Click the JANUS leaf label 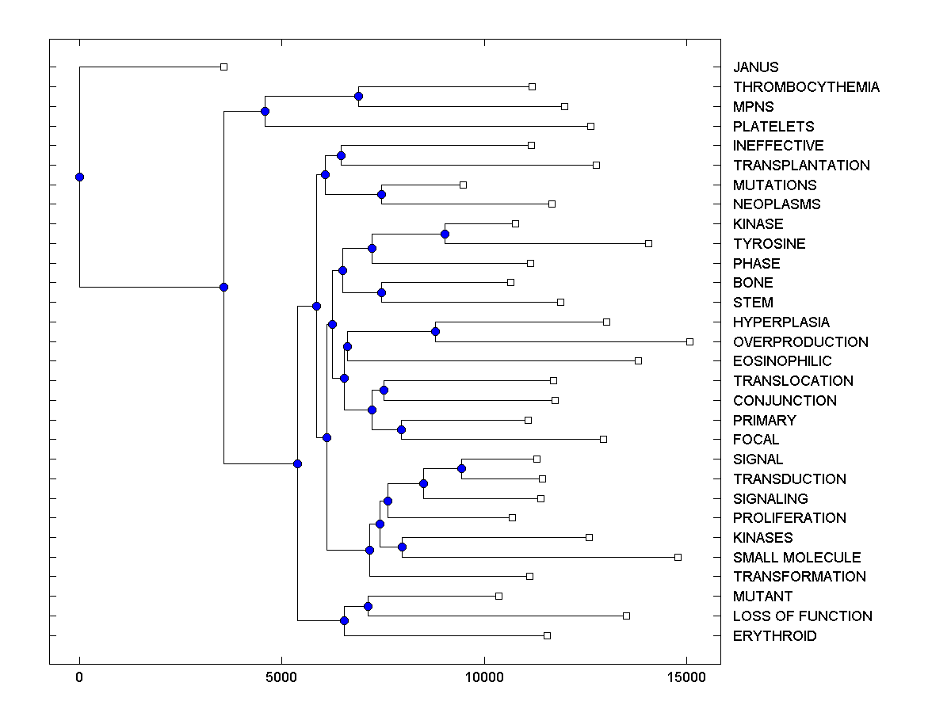(755, 67)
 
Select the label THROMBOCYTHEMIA (806, 87)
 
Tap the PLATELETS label (773, 126)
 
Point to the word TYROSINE (769, 244)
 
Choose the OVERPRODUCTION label (800, 342)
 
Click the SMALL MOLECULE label (796, 558)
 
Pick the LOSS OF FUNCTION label (802, 616)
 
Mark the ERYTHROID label (774, 636)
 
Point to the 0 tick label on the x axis (79, 678)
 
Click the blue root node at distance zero (79, 177)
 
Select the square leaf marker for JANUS (223, 67)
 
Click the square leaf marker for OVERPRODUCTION (689, 341)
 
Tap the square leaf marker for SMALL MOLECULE (678, 557)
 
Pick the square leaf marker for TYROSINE (648, 243)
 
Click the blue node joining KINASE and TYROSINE (445, 234)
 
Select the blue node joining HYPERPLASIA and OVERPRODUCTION (435, 331)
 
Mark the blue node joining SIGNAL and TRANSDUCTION (461, 468)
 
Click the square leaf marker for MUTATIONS (463, 185)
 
